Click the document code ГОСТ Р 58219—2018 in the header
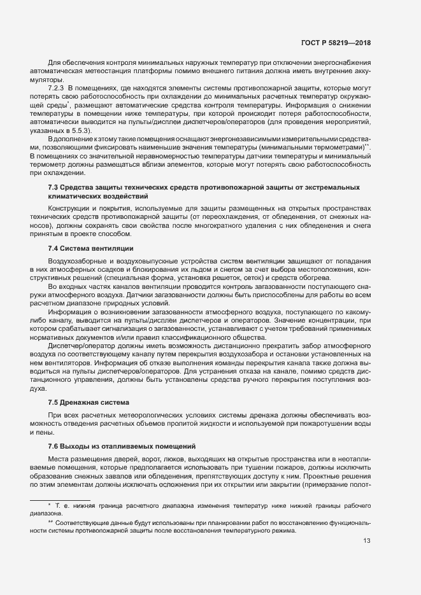click(336, 43)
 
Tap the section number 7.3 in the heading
click(54, 187)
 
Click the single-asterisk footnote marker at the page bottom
click(49, 505)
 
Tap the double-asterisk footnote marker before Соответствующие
click(50, 522)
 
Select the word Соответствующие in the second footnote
click(82, 522)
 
